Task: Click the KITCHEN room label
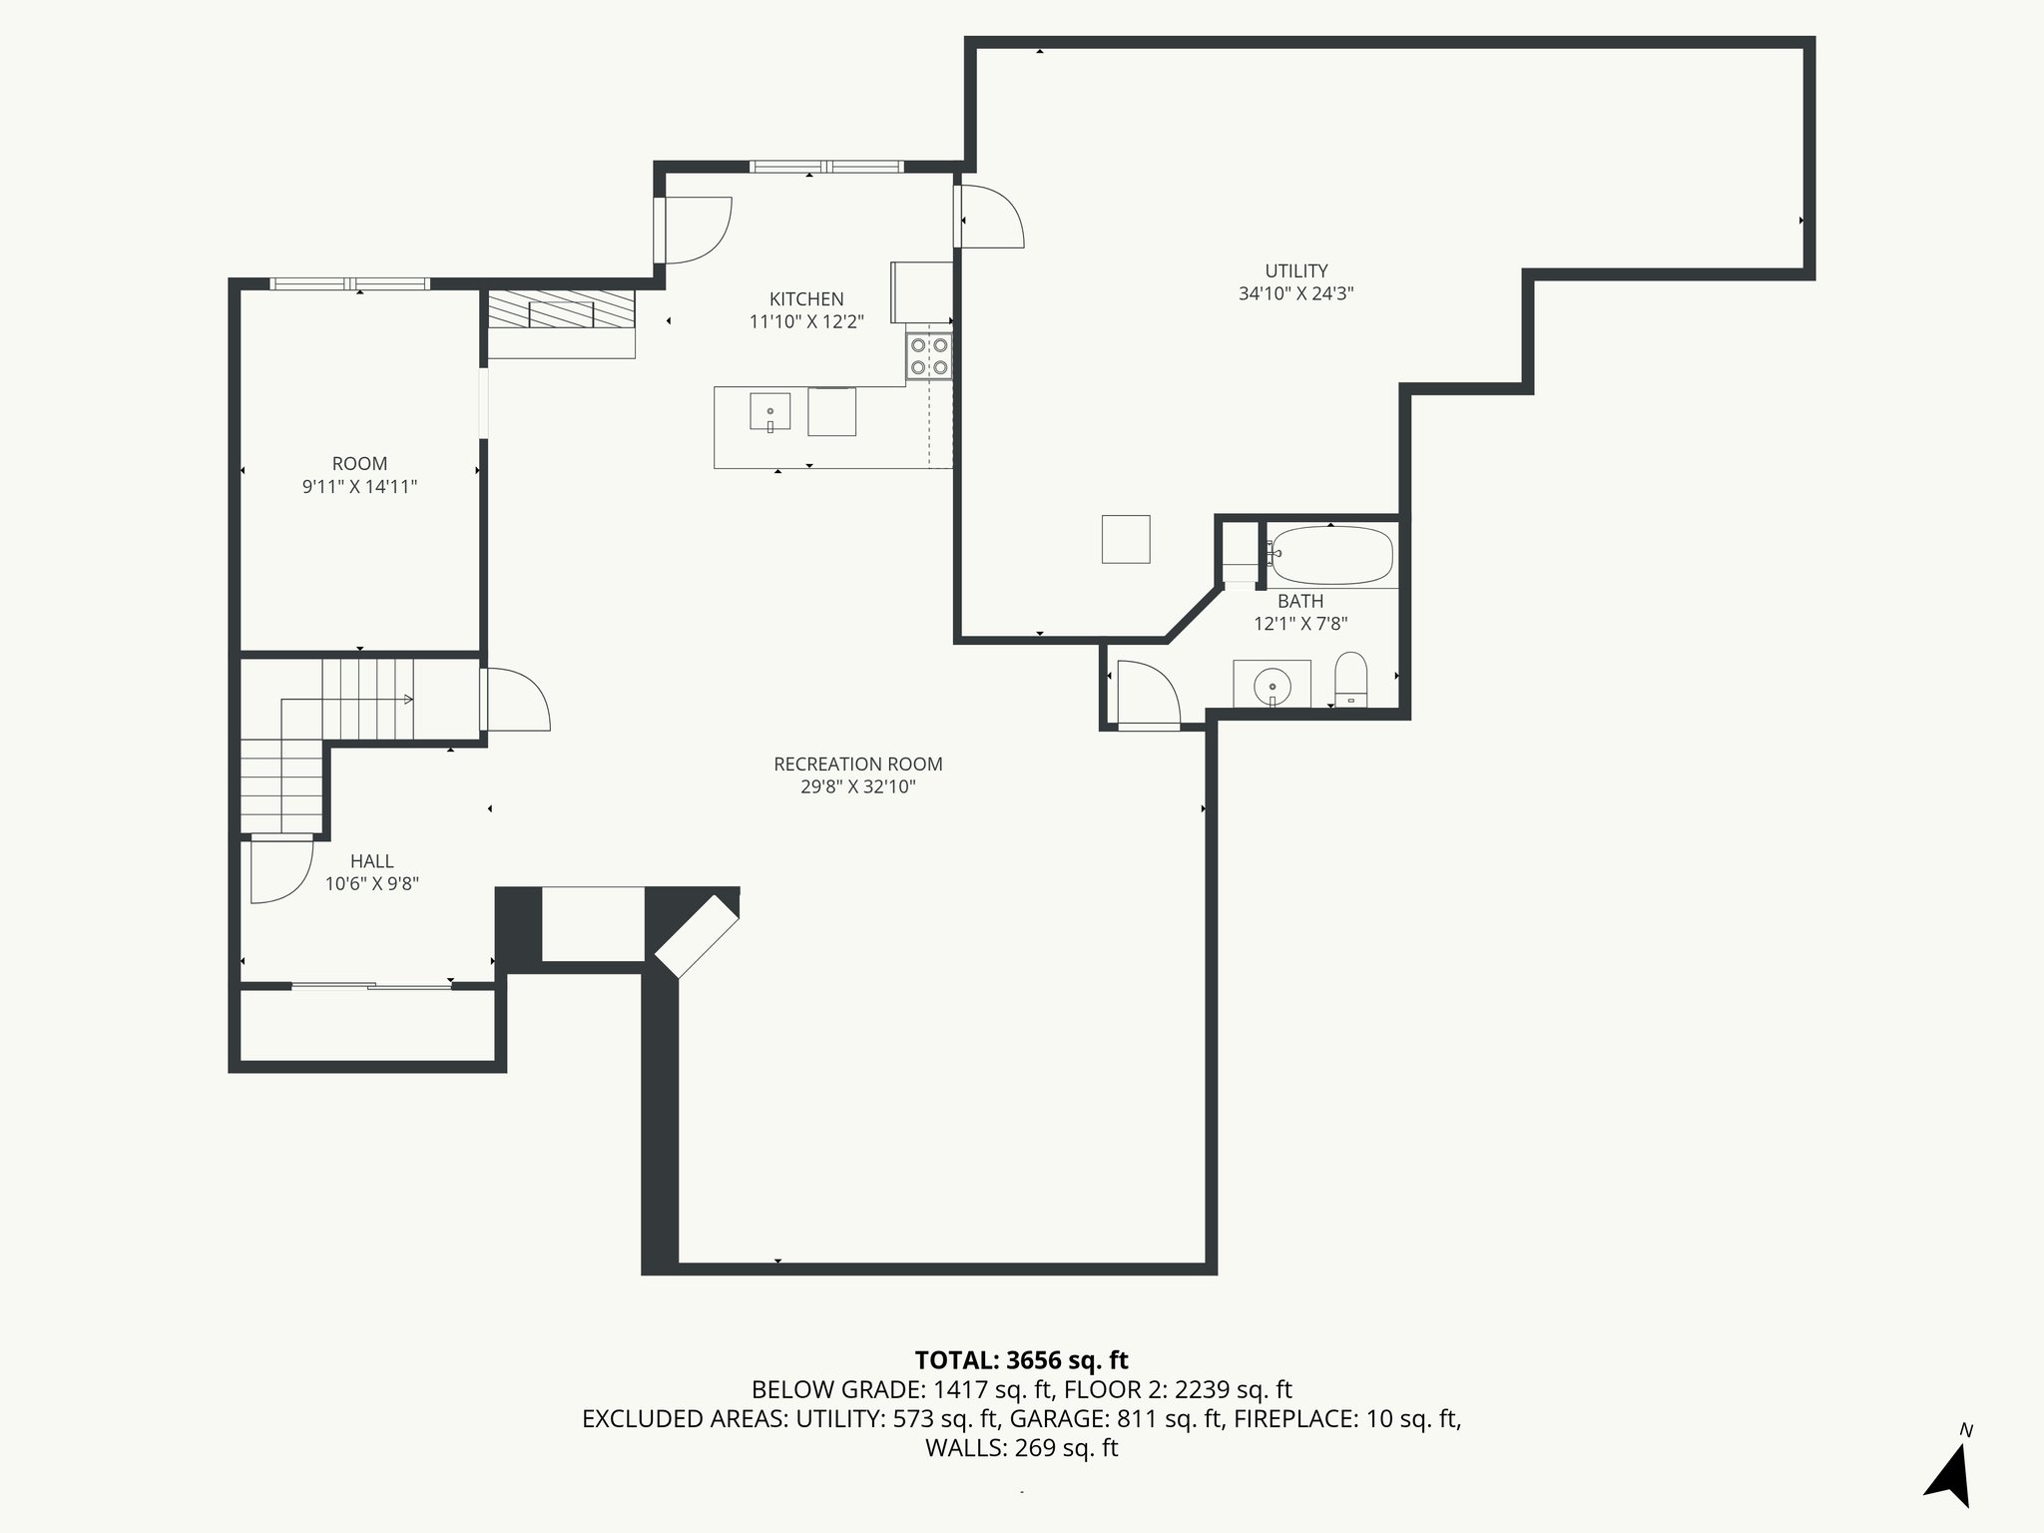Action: point(806,299)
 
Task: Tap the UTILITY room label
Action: point(1296,270)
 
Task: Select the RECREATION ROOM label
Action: point(858,765)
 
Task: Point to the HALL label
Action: point(372,861)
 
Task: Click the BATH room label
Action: point(1300,601)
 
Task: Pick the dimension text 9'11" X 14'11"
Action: point(359,487)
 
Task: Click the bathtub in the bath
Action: point(1331,556)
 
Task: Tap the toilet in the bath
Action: point(1350,679)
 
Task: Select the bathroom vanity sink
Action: point(1273,685)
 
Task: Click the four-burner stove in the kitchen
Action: point(929,356)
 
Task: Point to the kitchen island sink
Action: point(770,411)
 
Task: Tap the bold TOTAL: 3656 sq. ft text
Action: point(1021,1359)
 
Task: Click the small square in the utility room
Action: point(1126,539)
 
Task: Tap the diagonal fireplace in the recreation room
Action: point(696,936)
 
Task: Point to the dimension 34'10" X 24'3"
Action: point(1296,293)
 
